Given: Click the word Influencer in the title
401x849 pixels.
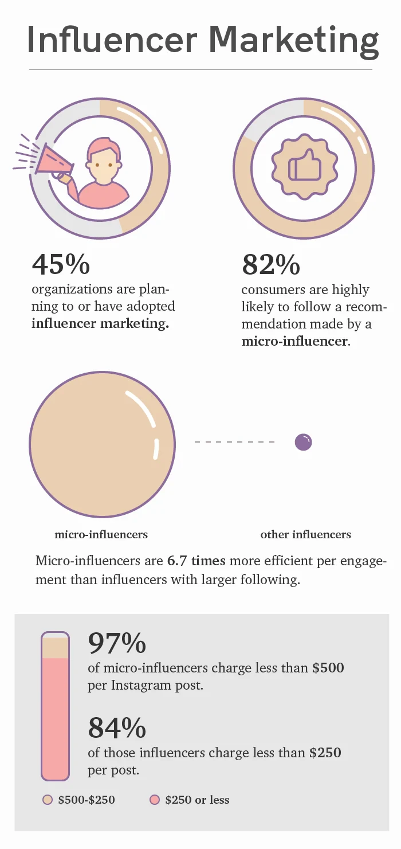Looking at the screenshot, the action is tap(112, 40).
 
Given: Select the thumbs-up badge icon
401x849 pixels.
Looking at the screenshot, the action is tap(304, 167).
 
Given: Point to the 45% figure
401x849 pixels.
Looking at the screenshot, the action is tap(61, 264).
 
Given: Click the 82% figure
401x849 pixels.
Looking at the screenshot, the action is tap(271, 264).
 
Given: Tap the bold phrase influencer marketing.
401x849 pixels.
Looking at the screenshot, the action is tap(100, 323).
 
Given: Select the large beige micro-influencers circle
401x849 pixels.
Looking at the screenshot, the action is tap(102, 444).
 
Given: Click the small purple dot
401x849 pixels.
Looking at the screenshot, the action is tap(303, 442).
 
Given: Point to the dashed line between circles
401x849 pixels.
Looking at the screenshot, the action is tap(234, 442).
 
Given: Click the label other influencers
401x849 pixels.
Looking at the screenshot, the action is tap(305, 534).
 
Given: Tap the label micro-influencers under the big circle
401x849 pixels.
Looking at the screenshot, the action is tap(101, 534).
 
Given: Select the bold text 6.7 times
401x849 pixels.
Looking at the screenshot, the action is tap(196, 561).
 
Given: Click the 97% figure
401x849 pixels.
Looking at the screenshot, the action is tap(117, 643).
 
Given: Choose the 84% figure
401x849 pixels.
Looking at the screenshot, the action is tap(117, 728).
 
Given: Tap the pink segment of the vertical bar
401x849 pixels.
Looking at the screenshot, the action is tap(56, 718).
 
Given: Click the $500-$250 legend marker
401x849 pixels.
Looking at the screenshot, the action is tap(48, 800).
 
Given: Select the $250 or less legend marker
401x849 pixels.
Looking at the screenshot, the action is tap(155, 800).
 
